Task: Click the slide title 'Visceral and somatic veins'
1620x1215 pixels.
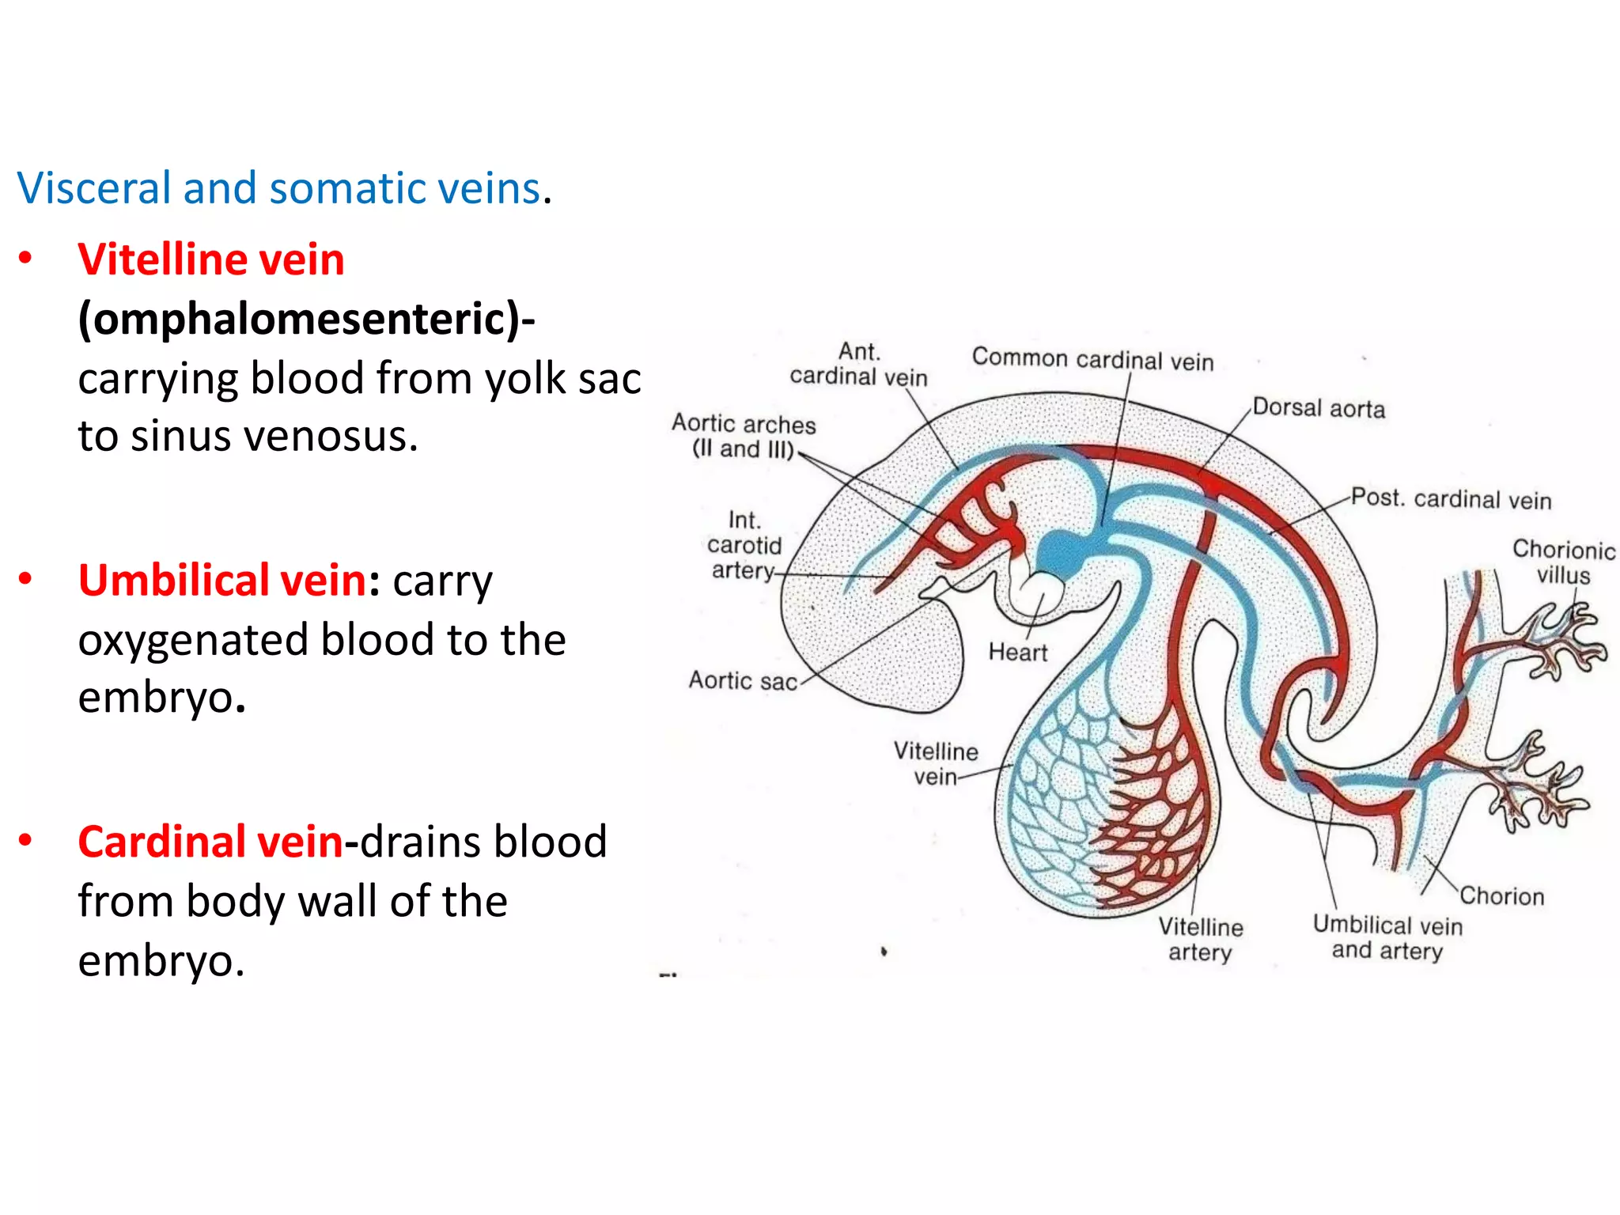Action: pos(282,188)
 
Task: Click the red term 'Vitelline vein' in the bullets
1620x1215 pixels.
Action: pos(211,259)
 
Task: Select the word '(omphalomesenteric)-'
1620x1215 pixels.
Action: pos(306,319)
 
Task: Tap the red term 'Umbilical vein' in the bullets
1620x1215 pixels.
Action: pos(221,580)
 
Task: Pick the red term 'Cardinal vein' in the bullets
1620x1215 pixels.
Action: pos(210,841)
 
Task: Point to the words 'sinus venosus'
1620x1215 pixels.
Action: pos(274,436)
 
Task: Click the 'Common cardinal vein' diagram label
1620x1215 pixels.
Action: pos(1092,359)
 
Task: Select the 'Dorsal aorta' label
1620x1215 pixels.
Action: pos(1319,408)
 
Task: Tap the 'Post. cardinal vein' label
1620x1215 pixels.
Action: pos(1451,498)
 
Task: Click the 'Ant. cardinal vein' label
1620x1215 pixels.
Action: pos(858,364)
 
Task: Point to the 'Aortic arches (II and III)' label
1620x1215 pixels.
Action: pos(744,436)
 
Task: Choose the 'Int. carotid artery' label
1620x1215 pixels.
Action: pos(744,545)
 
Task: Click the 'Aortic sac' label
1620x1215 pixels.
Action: pos(743,680)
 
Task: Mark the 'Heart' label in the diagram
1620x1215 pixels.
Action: pos(1017,652)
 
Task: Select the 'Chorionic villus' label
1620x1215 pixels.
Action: pos(1563,562)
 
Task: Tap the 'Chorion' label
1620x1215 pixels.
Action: pos(1501,895)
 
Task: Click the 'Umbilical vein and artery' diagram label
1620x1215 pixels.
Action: pos(1387,937)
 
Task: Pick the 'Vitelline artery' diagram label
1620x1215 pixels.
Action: pos(1200,939)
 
